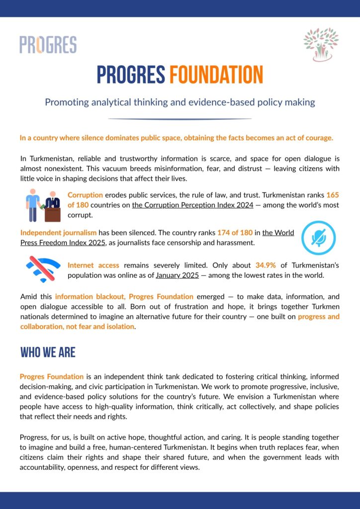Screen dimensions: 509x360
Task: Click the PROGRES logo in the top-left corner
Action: [x=48, y=44]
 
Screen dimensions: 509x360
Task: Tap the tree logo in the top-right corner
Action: [x=321, y=44]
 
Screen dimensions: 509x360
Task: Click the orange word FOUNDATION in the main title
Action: [x=216, y=75]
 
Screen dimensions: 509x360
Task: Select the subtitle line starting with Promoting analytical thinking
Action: [x=180, y=102]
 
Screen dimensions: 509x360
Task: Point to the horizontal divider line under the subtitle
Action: [x=180, y=119]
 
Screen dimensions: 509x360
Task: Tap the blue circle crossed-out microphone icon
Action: [x=318, y=238]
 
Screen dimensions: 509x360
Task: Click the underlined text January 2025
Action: [x=176, y=275]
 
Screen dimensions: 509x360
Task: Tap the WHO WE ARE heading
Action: [x=48, y=352]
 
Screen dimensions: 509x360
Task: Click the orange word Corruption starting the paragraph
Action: [x=85, y=195]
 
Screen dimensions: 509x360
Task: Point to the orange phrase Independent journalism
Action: [x=58, y=233]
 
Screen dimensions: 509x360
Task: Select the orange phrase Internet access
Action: [x=93, y=265]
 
